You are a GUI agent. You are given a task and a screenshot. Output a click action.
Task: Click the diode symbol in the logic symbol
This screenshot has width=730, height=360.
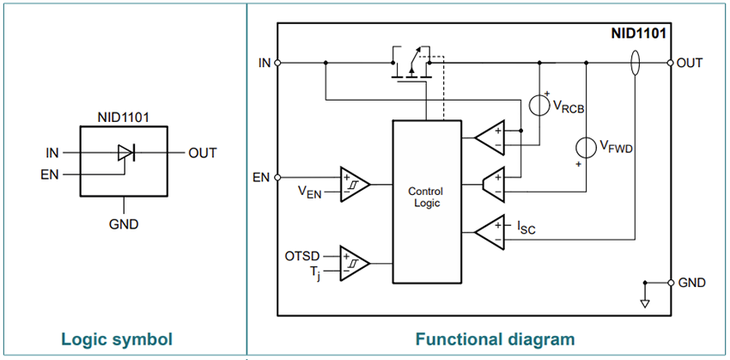coord(125,153)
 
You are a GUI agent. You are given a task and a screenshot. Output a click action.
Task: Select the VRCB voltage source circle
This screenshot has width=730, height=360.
coord(539,106)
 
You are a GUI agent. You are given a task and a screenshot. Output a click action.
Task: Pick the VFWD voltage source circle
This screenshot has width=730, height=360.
coord(586,148)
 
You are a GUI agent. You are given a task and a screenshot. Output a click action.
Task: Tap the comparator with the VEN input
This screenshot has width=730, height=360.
coord(354,184)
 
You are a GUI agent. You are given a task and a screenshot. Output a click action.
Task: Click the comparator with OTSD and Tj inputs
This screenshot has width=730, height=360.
coord(354,262)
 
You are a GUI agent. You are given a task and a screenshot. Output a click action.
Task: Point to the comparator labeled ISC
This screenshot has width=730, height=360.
coord(491,230)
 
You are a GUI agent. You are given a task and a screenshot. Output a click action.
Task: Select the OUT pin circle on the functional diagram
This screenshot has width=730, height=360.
coord(670,63)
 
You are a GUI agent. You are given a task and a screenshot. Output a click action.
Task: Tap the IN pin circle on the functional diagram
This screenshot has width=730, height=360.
coord(277,63)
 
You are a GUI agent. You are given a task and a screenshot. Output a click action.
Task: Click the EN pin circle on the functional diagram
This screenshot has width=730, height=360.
coord(277,177)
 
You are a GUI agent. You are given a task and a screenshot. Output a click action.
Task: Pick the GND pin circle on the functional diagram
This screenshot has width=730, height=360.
coord(670,283)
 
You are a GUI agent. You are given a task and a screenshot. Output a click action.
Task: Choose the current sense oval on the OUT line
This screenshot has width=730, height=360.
coord(635,63)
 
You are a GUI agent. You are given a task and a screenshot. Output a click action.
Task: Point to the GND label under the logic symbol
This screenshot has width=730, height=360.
coord(125,224)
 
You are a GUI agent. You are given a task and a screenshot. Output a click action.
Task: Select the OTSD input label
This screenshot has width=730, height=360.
coord(302,255)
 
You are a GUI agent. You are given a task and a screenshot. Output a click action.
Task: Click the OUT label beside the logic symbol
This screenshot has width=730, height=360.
coord(203,153)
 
